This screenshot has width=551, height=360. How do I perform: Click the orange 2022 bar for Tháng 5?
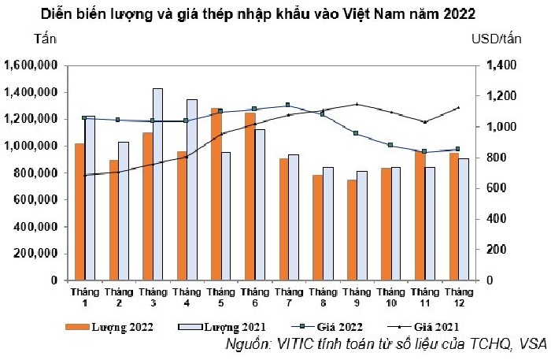click(214, 194)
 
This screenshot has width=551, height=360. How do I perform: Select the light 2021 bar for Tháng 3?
click(157, 184)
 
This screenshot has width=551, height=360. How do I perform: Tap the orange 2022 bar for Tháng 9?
click(353, 229)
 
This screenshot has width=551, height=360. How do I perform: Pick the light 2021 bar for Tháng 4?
click(191, 189)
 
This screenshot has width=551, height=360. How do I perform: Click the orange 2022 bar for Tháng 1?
click(79, 211)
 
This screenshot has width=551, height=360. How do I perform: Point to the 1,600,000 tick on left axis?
click(31, 65)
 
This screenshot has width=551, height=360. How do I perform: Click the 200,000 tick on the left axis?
click(35, 254)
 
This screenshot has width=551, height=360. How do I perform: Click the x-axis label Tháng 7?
click(288, 297)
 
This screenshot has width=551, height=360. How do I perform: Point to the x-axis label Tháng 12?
click(458, 297)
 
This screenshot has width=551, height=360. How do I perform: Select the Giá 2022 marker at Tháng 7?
click(288, 105)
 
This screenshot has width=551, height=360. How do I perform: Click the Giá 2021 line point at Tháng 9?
click(357, 104)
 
